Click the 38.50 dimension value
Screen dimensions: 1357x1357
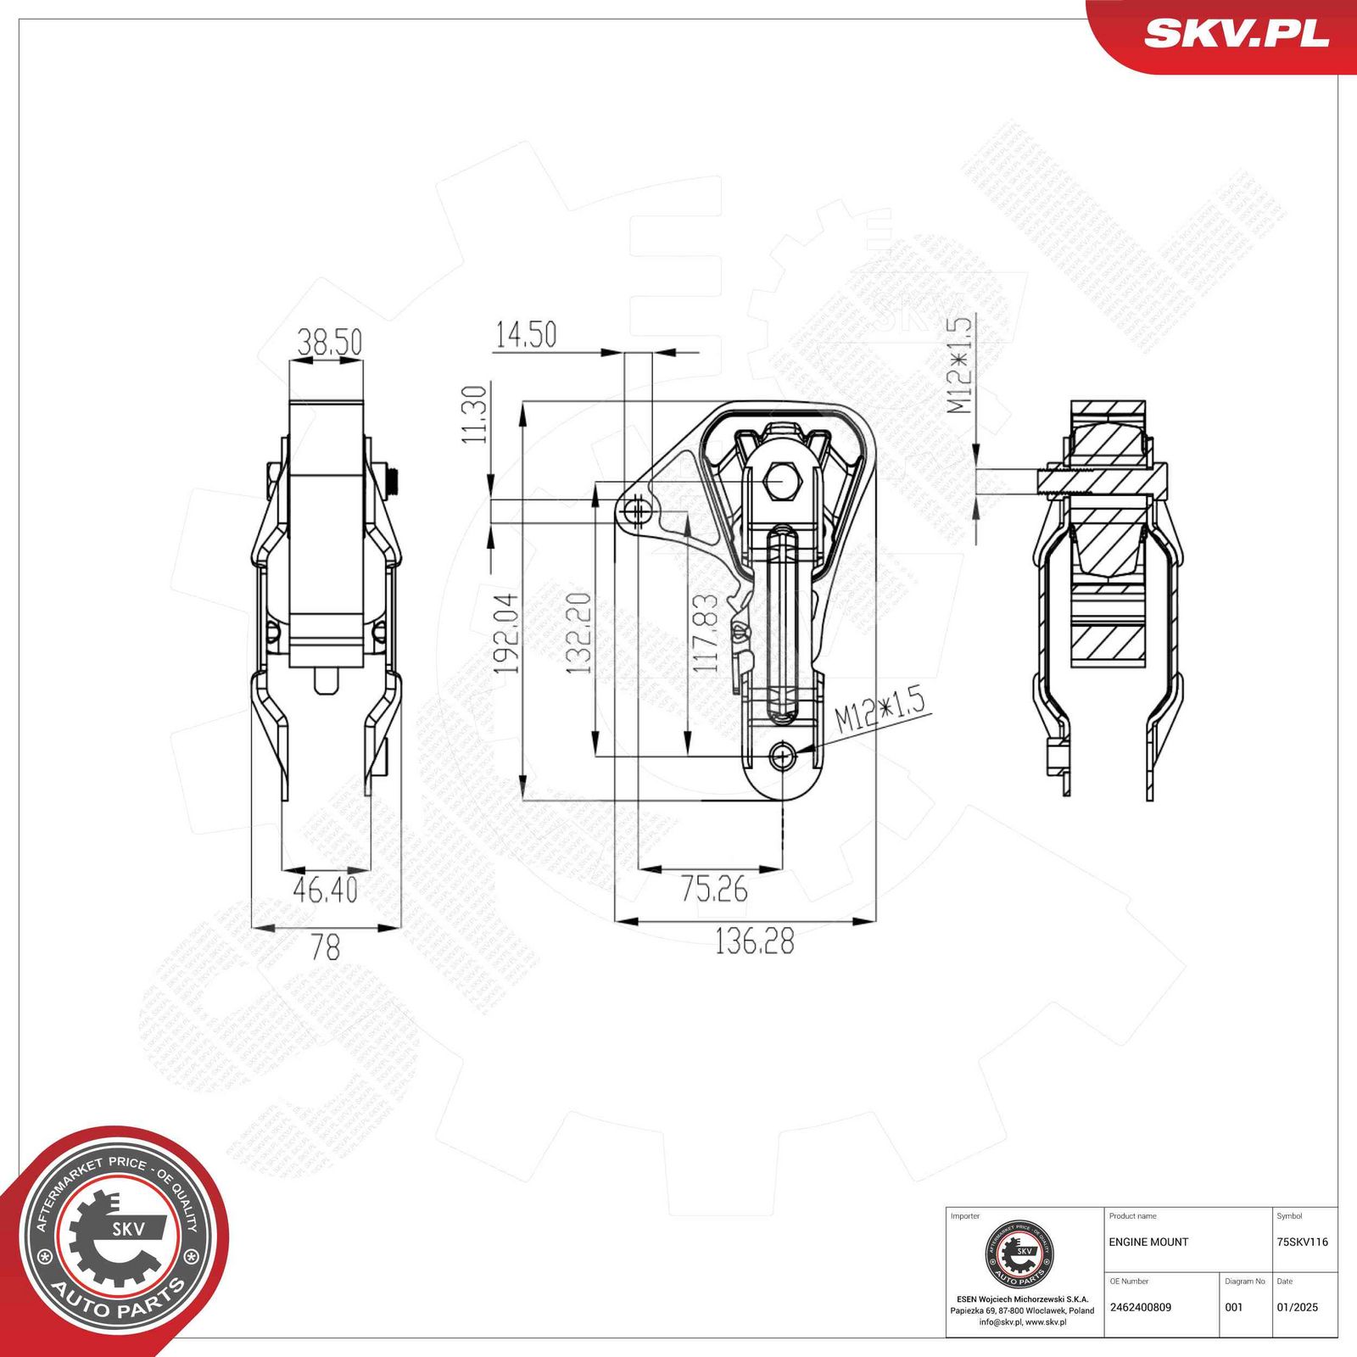(x=329, y=342)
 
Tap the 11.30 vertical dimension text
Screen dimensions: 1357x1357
(x=475, y=414)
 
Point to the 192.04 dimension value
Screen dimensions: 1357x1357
(x=507, y=634)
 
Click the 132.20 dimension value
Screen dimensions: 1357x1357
(x=579, y=634)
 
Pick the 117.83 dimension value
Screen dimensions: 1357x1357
(x=706, y=634)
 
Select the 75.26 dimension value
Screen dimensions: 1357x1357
(x=714, y=889)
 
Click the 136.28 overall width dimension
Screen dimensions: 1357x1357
(x=754, y=941)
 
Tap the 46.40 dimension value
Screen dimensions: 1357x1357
(x=325, y=890)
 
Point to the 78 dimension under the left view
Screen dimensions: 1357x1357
(x=325, y=947)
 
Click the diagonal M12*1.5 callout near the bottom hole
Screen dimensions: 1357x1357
(x=879, y=711)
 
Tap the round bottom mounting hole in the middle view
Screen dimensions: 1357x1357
(x=782, y=755)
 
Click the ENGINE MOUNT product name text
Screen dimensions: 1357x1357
(x=1148, y=1242)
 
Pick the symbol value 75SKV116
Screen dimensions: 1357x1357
(x=1302, y=1242)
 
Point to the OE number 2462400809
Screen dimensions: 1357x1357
(x=1140, y=1307)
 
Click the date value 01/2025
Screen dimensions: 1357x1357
(x=1297, y=1307)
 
